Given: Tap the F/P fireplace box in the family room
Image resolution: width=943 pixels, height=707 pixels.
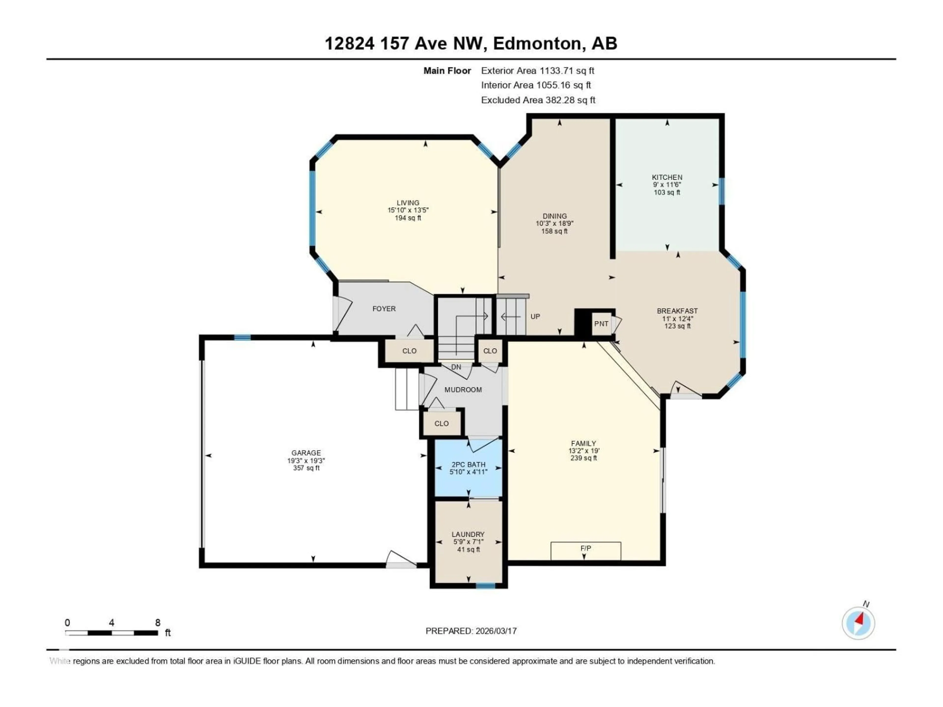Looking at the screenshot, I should point(585,551).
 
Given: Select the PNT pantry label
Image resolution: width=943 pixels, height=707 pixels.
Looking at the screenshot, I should point(601,324).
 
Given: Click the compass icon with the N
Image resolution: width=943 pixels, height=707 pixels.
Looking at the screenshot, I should point(858,623).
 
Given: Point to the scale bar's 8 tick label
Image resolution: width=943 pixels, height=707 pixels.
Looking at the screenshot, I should point(157,623).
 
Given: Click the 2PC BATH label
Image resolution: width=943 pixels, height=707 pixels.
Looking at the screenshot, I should point(468,464).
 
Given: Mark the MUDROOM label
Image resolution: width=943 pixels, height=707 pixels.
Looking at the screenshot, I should point(463,390).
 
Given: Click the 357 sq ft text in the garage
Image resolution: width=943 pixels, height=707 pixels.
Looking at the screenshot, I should point(306,468).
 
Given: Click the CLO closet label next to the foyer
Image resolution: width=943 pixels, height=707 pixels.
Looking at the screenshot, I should point(409,351).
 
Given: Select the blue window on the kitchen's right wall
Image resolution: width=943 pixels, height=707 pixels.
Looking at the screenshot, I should point(722,191).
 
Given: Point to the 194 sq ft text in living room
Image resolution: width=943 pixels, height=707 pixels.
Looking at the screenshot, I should point(408,218).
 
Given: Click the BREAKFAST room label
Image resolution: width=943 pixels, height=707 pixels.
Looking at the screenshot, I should point(677,311).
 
